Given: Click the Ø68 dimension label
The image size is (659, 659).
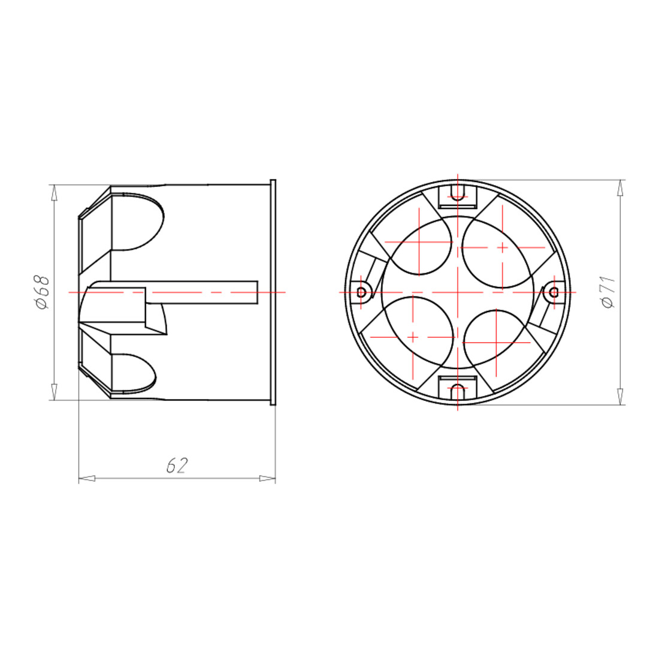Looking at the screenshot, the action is click(x=43, y=292).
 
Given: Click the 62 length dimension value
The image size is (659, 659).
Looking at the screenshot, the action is click(x=177, y=465).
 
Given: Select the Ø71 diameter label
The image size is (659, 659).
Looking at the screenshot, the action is click(x=609, y=292).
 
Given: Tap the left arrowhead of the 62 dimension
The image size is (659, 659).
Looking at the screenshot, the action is click(x=87, y=478).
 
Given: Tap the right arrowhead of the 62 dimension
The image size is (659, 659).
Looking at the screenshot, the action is click(x=267, y=478).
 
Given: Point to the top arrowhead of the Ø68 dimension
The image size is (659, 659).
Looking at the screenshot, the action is click(x=54, y=193).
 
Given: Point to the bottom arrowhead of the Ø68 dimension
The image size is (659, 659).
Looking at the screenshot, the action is click(x=54, y=392).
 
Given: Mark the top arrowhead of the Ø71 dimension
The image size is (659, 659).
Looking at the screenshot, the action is click(x=621, y=188).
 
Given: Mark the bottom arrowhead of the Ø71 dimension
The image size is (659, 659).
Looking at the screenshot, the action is click(x=621, y=397).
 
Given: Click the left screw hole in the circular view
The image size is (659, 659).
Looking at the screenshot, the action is click(x=361, y=292).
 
